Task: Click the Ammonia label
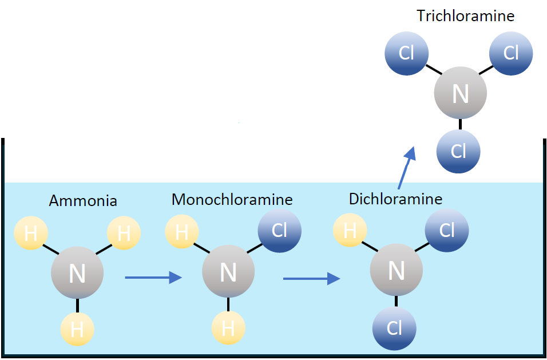coord(83,201)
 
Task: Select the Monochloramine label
coord(232,199)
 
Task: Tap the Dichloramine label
coord(395,199)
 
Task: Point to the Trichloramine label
coord(465,15)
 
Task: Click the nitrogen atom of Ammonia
coord(77,274)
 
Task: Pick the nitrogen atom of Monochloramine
coord(228,272)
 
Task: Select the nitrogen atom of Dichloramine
coord(396,271)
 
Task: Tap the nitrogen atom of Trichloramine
coord(460,93)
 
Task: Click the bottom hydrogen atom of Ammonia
coord(77,329)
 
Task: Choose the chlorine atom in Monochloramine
coord(279,231)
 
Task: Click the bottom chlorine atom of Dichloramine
coord(394,329)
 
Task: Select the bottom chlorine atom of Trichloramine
coord(458,151)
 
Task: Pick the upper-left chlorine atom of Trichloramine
coord(406,54)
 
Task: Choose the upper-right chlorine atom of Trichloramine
coord(511,53)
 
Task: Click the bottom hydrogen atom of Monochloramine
coord(228,329)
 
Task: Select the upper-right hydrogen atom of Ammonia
coord(124,233)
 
